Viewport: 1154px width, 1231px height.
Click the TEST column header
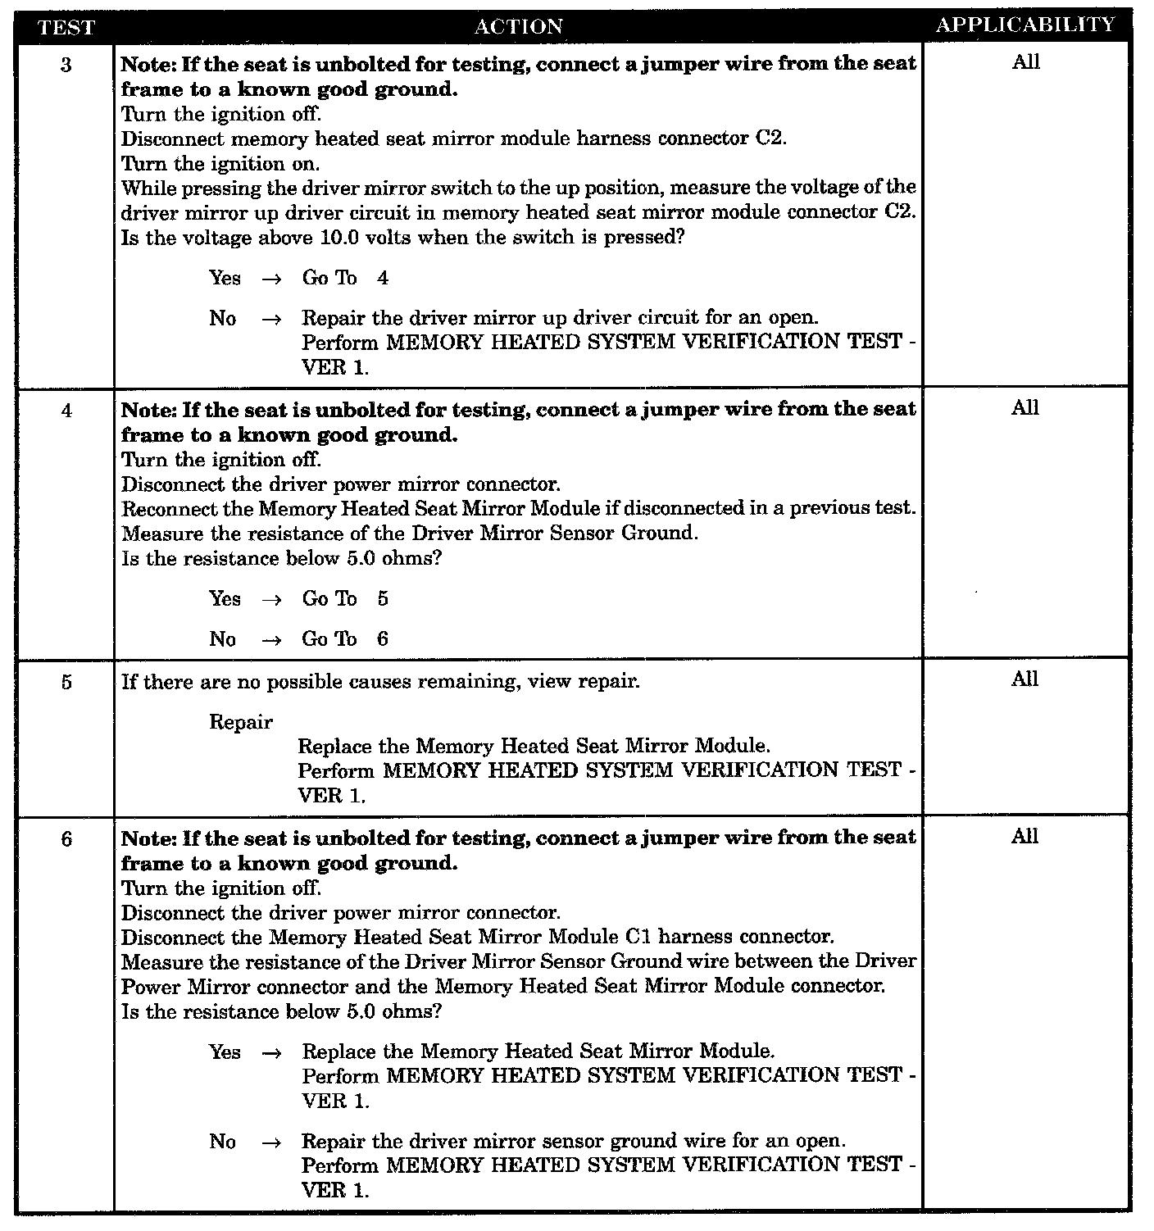[66, 27]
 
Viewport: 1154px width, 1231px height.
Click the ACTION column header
[519, 27]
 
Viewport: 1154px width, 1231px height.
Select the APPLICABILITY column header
[1025, 25]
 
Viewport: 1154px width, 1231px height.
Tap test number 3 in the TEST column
[66, 65]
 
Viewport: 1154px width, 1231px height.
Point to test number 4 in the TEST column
[66, 410]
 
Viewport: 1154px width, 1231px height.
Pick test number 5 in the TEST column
[66, 682]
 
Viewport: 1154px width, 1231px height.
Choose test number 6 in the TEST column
[66, 839]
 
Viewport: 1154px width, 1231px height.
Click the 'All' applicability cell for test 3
[1025, 62]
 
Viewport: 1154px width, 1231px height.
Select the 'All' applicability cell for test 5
[1025, 679]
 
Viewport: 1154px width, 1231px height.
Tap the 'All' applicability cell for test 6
[1025, 837]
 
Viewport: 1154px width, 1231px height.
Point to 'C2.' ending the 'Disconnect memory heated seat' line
[770, 139]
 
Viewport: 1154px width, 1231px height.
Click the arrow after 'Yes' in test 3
[271, 279]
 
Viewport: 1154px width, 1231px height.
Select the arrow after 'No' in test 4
[271, 640]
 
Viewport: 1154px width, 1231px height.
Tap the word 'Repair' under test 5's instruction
[241, 722]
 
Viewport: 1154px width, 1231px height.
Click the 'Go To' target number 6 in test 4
[383, 639]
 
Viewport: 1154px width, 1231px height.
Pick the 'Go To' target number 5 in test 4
[383, 599]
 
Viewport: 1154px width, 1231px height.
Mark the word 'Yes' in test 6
[225, 1052]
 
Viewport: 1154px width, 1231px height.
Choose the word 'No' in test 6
[223, 1142]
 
